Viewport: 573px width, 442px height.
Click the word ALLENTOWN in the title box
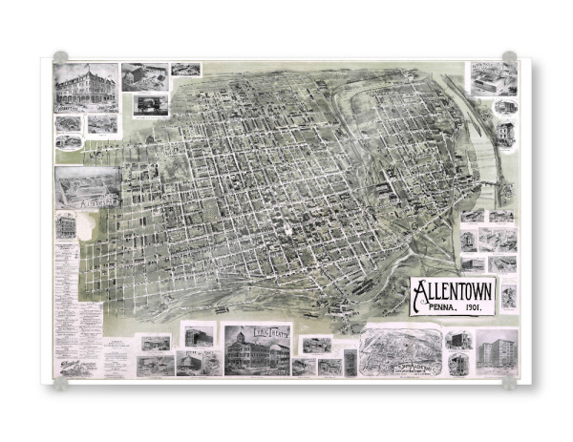(x=453, y=289)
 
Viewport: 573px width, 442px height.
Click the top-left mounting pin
(x=61, y=57)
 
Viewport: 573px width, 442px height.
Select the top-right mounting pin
(x=510, y=57)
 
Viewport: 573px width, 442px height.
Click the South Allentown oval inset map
(x=402, y=352)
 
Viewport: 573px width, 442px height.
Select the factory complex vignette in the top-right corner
(x=492, y=79)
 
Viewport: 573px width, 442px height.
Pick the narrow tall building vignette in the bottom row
(x=350, y=363)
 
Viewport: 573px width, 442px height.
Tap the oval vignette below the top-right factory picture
(x=504, y=106)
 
